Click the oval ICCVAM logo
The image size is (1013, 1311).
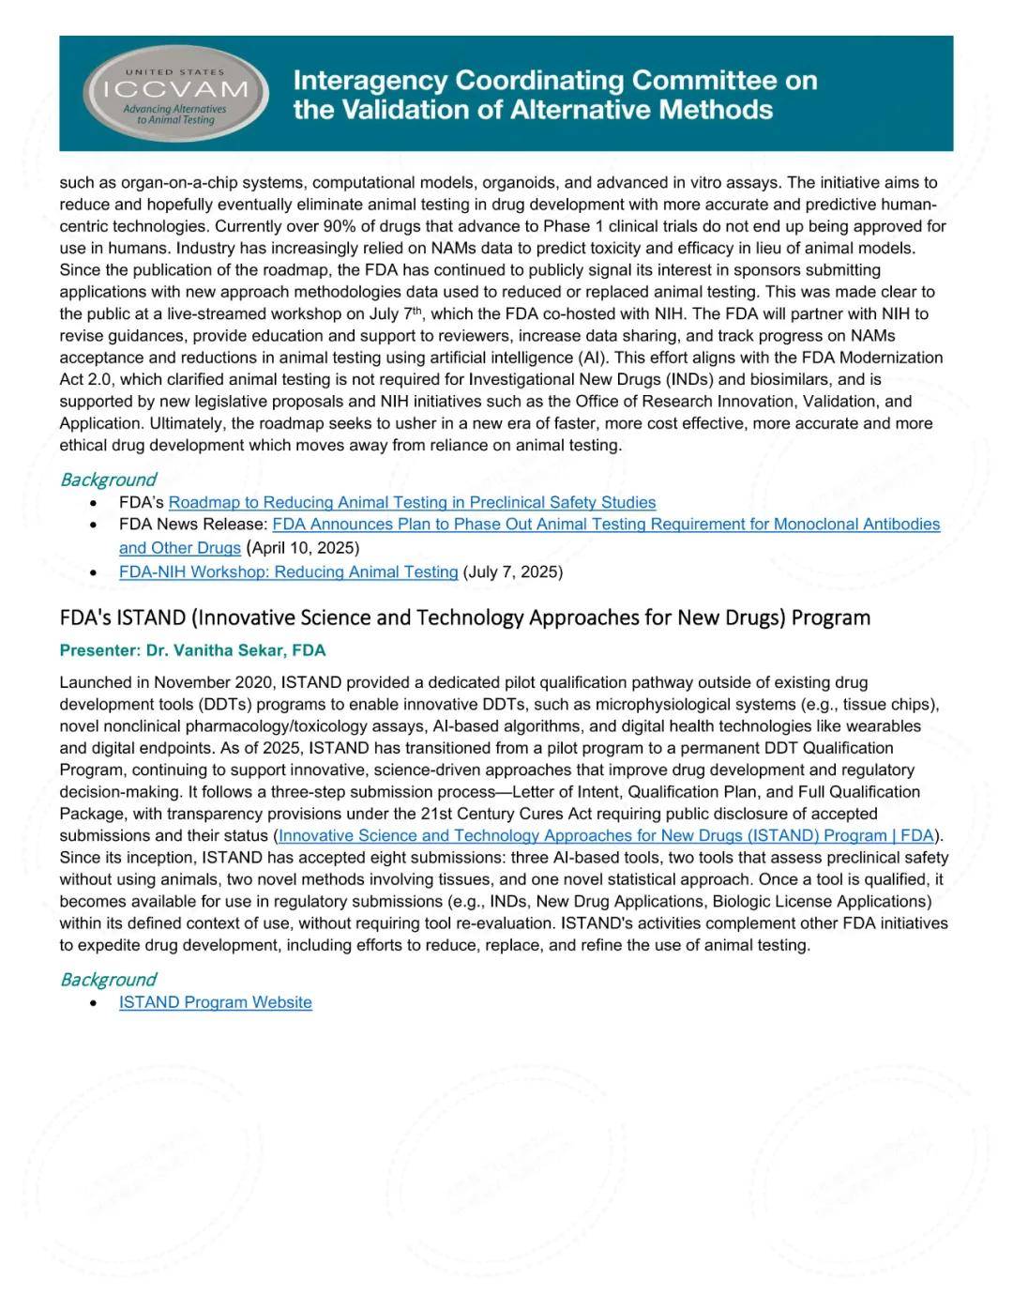(x=175, y=94)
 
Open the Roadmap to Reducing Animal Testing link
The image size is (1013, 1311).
(x=412, y=502)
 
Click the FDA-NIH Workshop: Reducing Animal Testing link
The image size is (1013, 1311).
(x=288, y=572)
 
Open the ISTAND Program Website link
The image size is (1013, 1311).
(x=215, y=1002)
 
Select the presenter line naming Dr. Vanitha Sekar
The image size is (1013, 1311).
(x=192, y=650)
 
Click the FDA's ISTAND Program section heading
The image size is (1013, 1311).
(x=464, y=617)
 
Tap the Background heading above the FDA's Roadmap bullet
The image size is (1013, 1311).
(x=107, y=480)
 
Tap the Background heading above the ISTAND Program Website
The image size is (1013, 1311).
(x=107, y=980)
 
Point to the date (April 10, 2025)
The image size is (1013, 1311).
(x=302, y=548)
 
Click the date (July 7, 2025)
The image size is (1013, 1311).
(x=512, y=572)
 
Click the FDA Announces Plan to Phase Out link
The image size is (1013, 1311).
(x=606, y=525)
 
